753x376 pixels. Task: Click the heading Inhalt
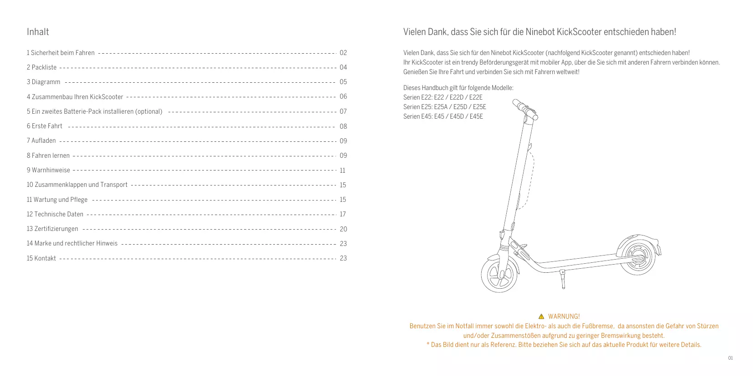[38, 32]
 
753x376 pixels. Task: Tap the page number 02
[343, 53]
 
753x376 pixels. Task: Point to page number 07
[343, 111]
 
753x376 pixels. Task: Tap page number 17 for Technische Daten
[343, 214]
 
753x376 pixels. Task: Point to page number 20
[343, 229]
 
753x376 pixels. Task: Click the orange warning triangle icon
[541, 316]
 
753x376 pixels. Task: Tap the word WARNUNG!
[564, 316]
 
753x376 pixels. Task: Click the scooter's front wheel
[499, 274]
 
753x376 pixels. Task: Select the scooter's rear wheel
[636, 257]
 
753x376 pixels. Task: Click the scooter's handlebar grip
[519, 105]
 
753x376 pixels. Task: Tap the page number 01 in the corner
[730, 358]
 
